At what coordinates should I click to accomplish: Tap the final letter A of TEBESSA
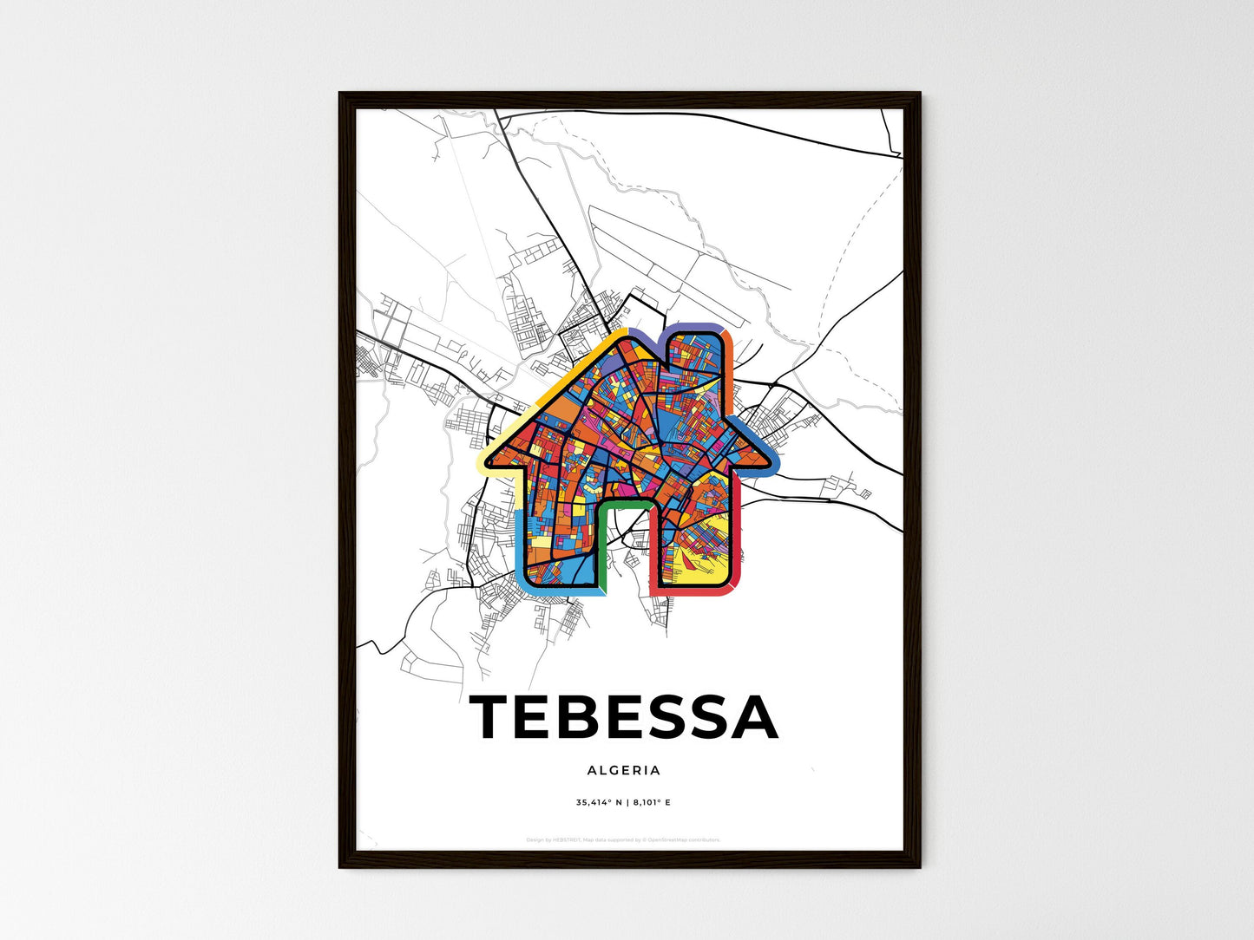tap(753, 717)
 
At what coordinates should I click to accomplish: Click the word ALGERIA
tap(623, 770)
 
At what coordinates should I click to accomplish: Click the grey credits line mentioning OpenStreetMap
tap(623, 839)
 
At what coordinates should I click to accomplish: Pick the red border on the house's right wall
tap(739, 538)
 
